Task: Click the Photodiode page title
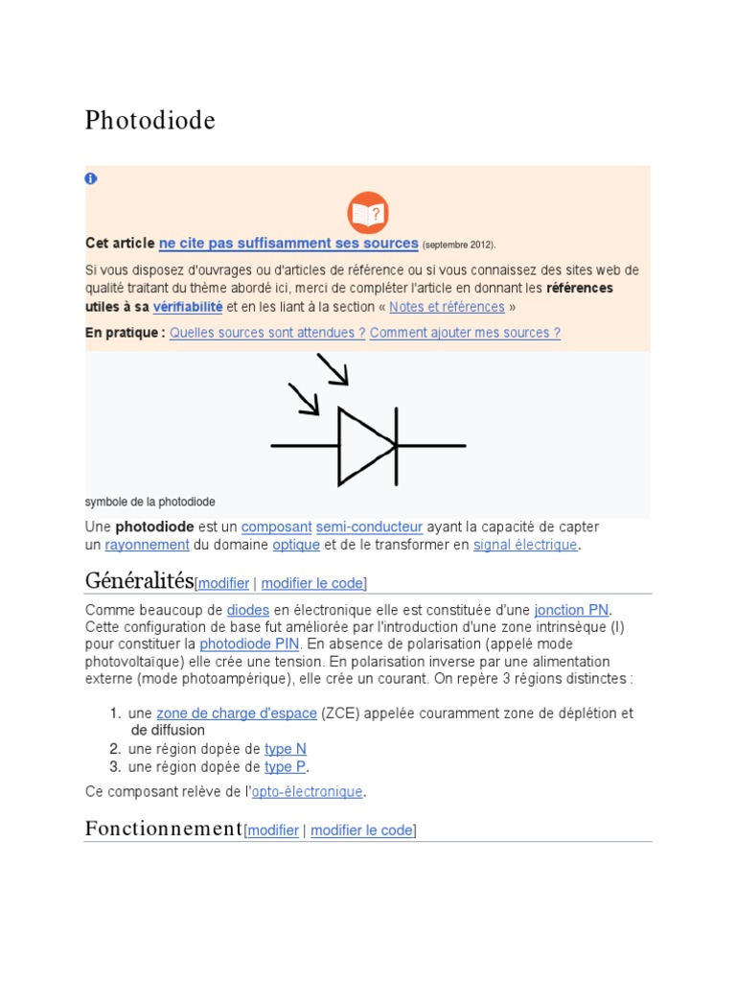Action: pyautogui.click(x=150, y=121)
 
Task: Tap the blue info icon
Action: pyautogui.click(x=91, y=178)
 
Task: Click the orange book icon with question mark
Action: pyautogui.click(x=367, y=213)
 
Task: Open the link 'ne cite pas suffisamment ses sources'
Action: pyautogui.click(x=288, y=244)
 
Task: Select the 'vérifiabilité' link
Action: pyautogui.click(x=188, y=307)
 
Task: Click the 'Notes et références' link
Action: pyautogui.click(x=447, y=307)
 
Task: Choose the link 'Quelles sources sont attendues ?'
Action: pyautogui.click(x=267, y=333)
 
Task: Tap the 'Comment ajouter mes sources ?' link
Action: pyautogui.click(x=465, y=333)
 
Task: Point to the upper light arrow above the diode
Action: pyautogui.click(x=333, y=368)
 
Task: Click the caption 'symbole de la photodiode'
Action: pyautogui.click(x=150, y=502)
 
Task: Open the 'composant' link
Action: pyautogui.click(x=276, y=527)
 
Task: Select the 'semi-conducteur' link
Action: pyautogui.click(x=369, y=527)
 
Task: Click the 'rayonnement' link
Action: pyautogui.click(x=147, y=545)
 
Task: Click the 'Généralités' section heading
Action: pyautogui.click(x=139, y=580)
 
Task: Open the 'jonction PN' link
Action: pyautogui.click(x=571, y=610)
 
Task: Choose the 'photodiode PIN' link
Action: pyautogui.click(x=249, y=644)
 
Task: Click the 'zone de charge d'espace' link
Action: pyautogui.click(x=237, y=713)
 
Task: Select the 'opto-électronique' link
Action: pyautogui.click(x=307, y=792)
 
